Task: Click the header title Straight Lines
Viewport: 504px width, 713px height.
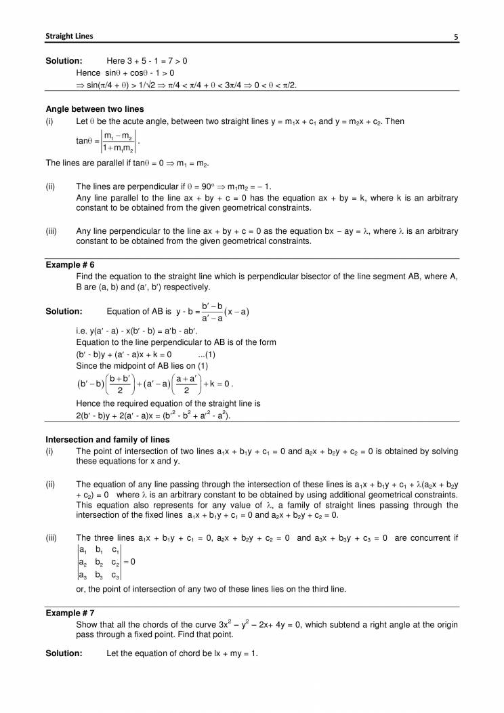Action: [x=69, y=36]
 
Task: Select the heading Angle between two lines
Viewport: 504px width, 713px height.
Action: [x=94, y=109]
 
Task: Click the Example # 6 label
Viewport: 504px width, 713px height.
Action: [x=70, y=266]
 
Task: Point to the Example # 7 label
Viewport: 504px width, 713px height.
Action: [x=70, y=613]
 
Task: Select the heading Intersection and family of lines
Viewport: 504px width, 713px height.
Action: [x=107, y=439]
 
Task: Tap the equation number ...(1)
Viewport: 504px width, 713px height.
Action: [x=206, y=354]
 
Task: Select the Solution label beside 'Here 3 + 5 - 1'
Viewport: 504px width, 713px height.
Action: [x=64, y=61]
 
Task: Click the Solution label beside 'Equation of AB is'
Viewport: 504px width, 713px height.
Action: [x=64, y=312]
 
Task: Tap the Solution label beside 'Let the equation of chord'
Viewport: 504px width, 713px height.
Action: [x=64, y=653]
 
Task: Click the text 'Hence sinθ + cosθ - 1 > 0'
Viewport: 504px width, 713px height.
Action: [x=125, y=73]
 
